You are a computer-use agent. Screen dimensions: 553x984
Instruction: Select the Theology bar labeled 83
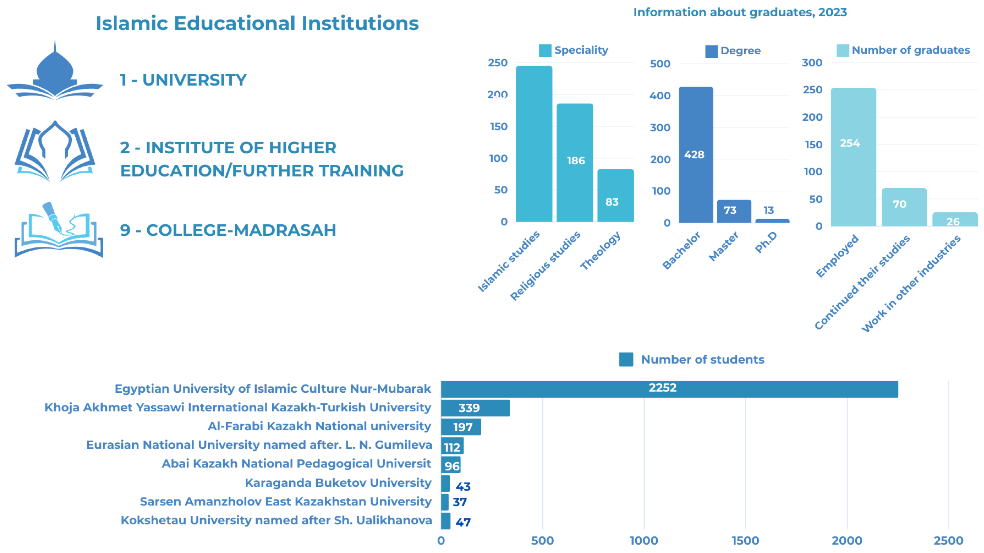click(615, 195)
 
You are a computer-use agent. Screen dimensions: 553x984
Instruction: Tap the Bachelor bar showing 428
click(696, 154)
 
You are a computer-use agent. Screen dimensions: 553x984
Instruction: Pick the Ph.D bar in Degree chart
click(772, 220)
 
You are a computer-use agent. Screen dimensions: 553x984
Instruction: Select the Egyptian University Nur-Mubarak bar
click(669, 389)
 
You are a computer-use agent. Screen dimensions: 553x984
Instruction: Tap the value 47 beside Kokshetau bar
click(463, 522)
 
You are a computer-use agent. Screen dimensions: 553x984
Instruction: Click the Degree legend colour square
click(711, 51)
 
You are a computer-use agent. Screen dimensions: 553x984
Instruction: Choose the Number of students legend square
click(626, 359)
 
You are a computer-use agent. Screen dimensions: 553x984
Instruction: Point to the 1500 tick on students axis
click(745, 540)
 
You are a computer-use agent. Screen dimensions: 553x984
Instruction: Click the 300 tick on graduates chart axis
click(812, 63)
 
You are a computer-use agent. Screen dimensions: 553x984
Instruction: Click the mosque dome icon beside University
click(55, 71)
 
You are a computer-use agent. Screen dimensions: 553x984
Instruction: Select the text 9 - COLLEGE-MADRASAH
click(228, 230)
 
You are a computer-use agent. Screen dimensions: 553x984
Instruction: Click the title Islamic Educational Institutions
click(257, 23)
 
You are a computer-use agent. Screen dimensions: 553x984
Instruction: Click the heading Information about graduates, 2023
click(740, 12)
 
